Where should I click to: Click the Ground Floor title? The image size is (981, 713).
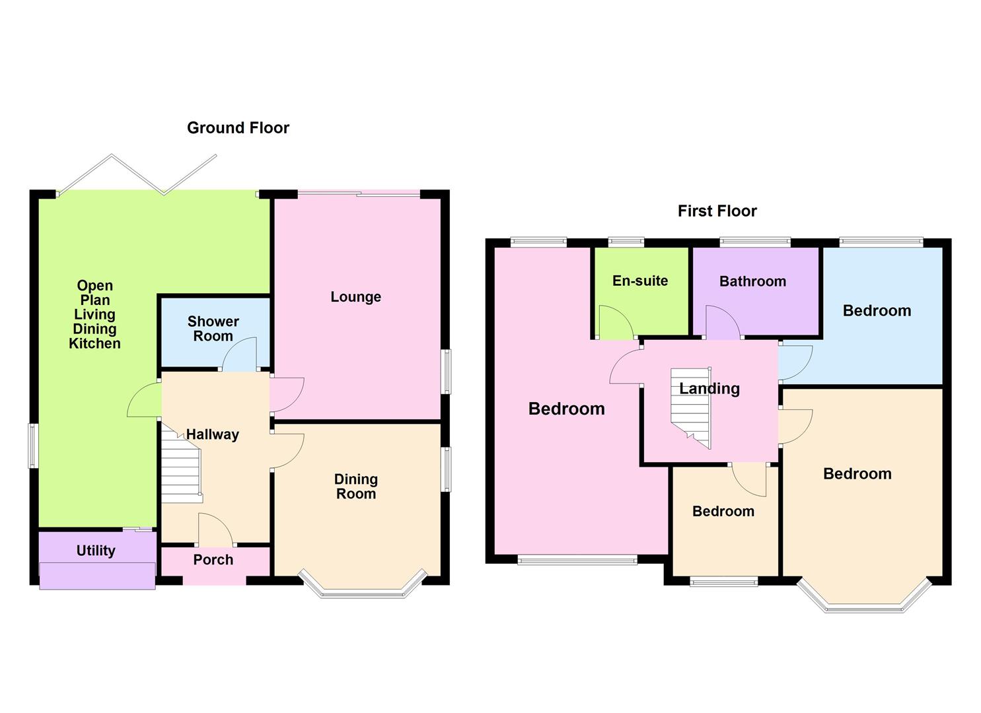point(238,128)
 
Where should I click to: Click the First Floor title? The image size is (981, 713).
point(717,211)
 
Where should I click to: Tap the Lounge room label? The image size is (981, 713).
point(355,297)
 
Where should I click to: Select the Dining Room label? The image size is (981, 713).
point(355,487)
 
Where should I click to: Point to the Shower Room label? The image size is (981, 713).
point(213,329)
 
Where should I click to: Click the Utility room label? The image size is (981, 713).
point(96,551)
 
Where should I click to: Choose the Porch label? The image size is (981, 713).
point(213,560)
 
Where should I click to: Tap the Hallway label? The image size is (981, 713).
point(212,434)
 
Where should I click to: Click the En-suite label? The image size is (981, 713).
point(639,281)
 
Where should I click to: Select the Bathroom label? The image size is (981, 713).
point(752,282)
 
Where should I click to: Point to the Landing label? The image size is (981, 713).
point(709,389)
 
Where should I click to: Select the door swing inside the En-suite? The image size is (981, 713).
point(614,323)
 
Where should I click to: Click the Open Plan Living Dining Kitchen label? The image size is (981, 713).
point(95,314)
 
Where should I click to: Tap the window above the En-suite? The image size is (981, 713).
point(626,242)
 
